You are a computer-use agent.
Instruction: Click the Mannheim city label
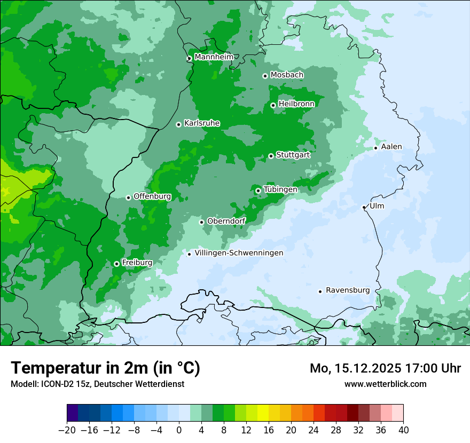click(214, 57)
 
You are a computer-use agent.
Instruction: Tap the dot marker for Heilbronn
click(273, 105)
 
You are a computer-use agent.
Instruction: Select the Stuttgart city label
click(293, 155)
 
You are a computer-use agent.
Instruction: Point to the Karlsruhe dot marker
click(178, 124)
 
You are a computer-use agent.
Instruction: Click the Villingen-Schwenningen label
click(239, 253)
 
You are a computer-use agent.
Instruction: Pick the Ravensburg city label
click(347, 290)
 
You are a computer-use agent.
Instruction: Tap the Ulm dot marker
click(364, 207)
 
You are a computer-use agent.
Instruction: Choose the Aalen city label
click(391, 147)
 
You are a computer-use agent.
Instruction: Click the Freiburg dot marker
click(116, 264)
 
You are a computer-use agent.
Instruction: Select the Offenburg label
click(152, 196)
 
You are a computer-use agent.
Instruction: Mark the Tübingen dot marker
click(258, 191)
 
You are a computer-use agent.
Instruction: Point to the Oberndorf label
click(226, 221)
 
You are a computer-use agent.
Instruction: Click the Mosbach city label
click(287, 75)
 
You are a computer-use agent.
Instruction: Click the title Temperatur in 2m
click(105, 368)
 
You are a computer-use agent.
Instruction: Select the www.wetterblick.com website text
click(385, 384)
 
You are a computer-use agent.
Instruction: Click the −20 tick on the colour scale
click(67, 430)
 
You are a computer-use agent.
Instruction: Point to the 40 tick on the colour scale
click(403, 430)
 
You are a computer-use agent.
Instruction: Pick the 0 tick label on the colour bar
click(179, 430)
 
